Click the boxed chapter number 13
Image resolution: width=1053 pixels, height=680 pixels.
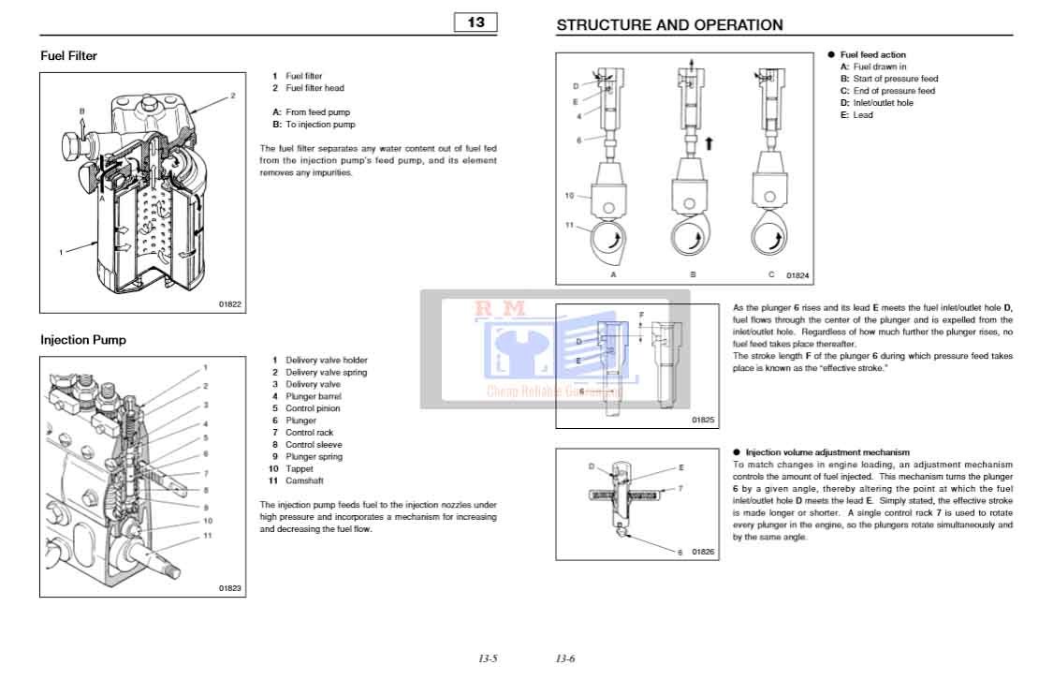click(476, 22)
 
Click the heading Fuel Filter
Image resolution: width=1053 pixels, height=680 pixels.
click(69, 56)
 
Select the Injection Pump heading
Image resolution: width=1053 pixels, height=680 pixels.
click(83, 340)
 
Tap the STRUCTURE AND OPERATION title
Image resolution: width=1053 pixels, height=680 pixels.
click(669, 25)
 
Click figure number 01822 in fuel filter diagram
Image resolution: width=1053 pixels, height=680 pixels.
click(229, 303)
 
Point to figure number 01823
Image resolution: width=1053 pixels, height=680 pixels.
click(229, 588)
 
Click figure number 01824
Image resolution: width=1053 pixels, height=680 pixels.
click(797, 276)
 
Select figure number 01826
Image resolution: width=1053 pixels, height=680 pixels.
click(704, 553)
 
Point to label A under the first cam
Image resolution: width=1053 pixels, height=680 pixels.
click(613, 275)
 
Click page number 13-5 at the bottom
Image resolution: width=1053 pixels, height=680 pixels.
click(488, 659)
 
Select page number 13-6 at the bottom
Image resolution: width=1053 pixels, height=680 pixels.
click(565, 659)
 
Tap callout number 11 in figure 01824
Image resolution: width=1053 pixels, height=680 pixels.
click(568, 225)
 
